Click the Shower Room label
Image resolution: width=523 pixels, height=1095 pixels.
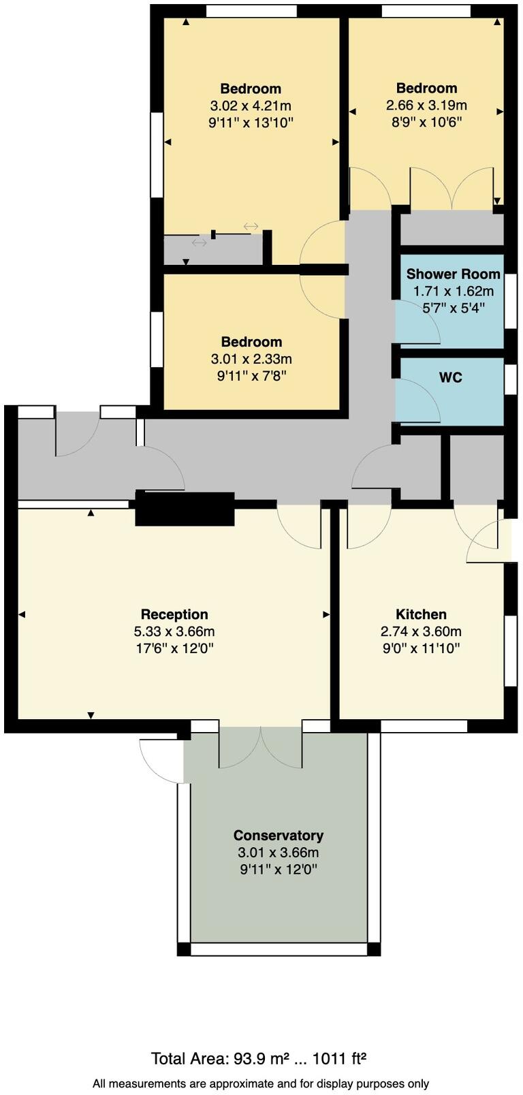453,274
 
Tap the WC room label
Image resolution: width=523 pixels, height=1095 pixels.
451,377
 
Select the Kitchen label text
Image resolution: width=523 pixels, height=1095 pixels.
421,614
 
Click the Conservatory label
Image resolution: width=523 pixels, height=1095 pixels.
278,835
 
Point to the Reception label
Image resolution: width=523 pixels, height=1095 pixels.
174,614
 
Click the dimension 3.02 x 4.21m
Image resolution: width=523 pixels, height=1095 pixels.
251,106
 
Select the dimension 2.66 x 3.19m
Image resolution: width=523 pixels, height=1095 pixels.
426,105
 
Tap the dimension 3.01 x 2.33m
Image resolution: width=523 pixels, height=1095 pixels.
251,359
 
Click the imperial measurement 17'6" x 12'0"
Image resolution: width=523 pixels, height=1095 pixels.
174,648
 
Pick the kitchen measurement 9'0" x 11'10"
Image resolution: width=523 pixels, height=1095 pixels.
421,648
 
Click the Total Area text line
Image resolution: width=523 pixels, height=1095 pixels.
259,1059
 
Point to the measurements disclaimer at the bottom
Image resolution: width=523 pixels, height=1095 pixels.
261,1083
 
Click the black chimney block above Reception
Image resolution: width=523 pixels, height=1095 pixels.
185,509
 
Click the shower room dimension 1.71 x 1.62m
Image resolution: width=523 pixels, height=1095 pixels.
453,291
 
